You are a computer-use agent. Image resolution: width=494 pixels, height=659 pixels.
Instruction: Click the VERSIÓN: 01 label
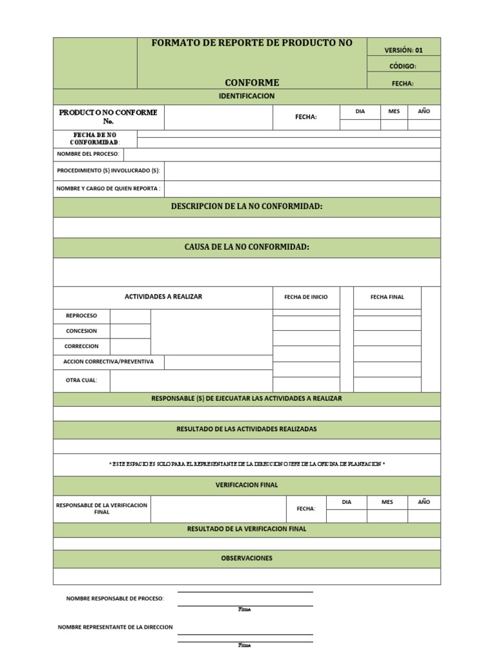(x=403, y=50)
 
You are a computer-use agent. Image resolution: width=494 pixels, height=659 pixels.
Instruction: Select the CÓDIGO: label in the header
(x=403, y=66)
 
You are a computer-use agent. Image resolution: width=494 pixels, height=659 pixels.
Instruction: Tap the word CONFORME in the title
(x=252, y=82)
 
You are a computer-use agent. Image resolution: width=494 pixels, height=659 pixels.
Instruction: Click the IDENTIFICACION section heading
(x=247, y=96)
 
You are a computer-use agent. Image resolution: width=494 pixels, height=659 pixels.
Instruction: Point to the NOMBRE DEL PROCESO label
(x=87, y=154)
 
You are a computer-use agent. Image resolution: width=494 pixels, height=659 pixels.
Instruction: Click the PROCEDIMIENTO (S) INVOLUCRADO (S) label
(x=108, y=171)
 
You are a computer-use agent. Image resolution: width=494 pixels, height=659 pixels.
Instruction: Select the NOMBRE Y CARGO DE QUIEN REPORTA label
(x=108, y=189)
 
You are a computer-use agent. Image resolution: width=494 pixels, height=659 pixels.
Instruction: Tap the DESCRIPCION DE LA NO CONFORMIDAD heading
(x=247, y=207)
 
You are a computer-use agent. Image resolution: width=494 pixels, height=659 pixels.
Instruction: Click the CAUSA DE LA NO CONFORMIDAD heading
(x=247, y=247)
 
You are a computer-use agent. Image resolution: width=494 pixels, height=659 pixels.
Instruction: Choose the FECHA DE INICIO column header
(x=306, y=297)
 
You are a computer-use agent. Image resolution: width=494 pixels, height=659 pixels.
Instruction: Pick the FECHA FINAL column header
(x=387, y=297)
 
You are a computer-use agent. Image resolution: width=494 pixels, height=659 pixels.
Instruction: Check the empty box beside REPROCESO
(x=130, y=316)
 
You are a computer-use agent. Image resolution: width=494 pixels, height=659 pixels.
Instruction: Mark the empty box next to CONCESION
(x=130, y=331)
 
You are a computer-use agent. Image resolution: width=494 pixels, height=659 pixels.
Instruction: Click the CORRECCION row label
(x=82, y=346)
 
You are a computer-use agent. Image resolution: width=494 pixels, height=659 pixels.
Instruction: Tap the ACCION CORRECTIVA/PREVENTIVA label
(x=109, y=362)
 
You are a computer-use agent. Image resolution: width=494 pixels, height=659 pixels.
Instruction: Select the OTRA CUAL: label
(x=82, y=380)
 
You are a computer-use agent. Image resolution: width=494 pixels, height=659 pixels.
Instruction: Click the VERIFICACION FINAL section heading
(x=247, y=485)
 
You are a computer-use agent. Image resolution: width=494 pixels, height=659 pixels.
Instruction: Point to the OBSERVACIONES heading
(x=247, y=558)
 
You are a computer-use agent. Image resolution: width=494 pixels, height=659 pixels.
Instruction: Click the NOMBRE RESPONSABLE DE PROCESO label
(x=115, y=599)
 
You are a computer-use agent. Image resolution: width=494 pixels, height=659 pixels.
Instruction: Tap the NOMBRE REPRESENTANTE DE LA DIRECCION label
(x=115, y=627)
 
